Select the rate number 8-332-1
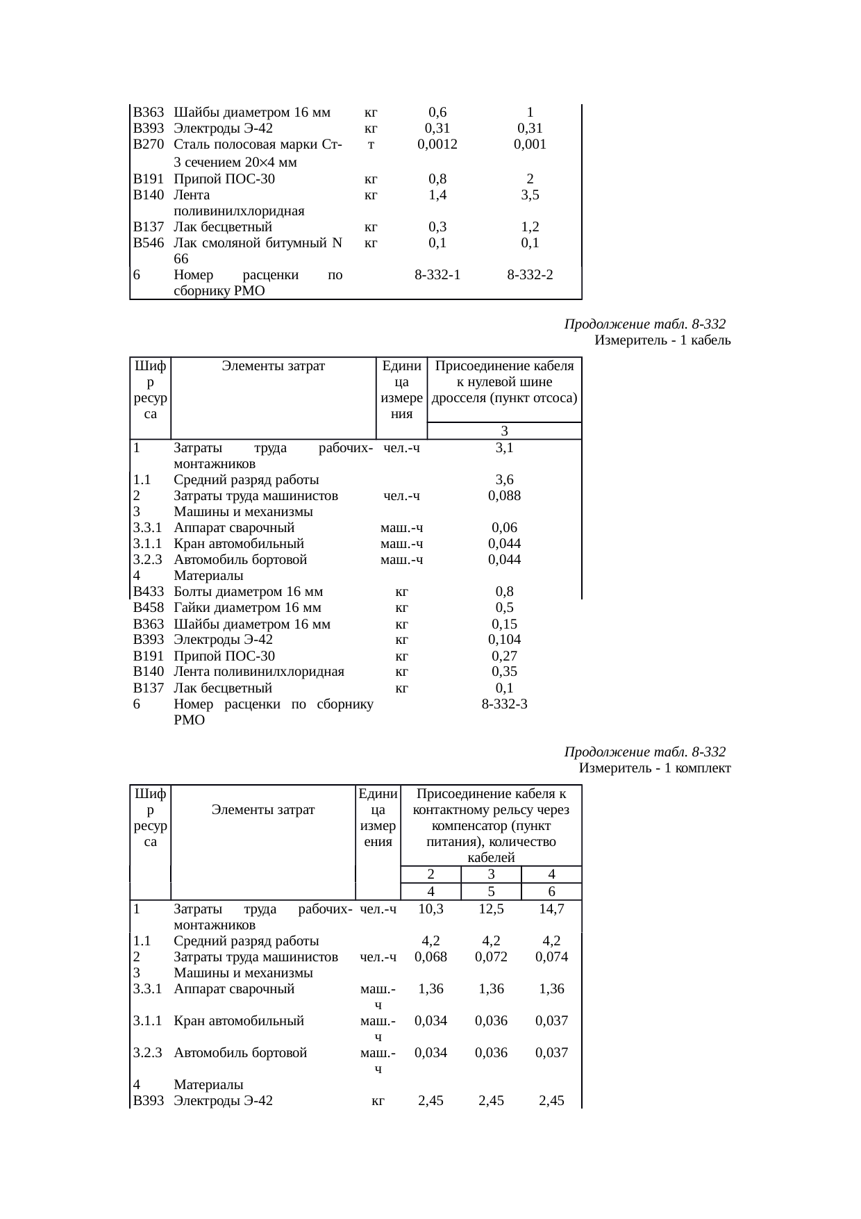[437, 275]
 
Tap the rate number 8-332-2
[530, 275]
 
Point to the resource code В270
[149, 144]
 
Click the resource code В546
[149, 243]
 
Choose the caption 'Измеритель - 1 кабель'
[662, 341]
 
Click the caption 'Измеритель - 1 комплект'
[655, 769]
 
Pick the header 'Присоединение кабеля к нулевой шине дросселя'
[505, 383]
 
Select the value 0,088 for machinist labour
[505, 496]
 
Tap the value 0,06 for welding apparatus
[505, 528]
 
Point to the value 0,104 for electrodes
[505, 640]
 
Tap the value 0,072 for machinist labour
[491, 957]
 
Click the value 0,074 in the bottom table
[551, 957]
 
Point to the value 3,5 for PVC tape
[530, 195]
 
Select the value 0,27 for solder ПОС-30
[505, 656]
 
